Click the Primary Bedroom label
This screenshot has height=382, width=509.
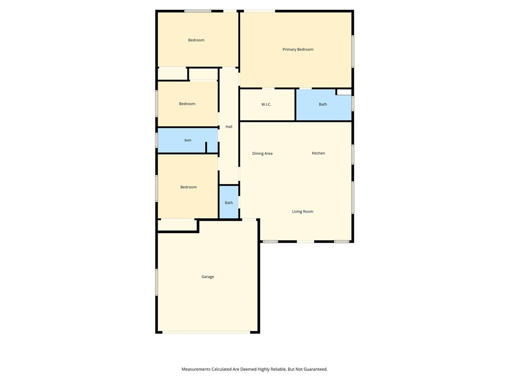click(x=298, y=49)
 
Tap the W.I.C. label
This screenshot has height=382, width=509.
click(x=266, y=104)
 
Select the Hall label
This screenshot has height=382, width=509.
click(x=229, y=127)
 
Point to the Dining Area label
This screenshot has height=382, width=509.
click(x=262, y=153)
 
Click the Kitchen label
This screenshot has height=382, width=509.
click(x=318, y=153)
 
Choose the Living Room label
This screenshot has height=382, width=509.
click(x=303, y=211)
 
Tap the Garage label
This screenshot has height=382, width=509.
click(x=208, y=277)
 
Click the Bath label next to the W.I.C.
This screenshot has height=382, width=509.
click(x=323, y=104)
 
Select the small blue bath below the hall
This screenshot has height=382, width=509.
click(x=229, y=202)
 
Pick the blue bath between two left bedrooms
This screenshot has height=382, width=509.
click(x=187, y=140)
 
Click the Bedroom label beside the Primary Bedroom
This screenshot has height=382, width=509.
click(x=196, y=40)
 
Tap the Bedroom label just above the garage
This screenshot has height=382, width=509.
click(x=188, y=187)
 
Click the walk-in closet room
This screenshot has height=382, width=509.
click(x=267, y=104)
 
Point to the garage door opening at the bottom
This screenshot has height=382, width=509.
click(x=206, y=332)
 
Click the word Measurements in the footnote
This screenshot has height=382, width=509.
click(x=196, y=369)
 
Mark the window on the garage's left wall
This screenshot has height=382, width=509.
click(x=157, y=282)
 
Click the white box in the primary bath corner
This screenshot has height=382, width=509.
click(x=344, y=92)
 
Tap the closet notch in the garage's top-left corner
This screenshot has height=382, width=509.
click(x=177, y=225)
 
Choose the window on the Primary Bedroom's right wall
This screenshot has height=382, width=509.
click(x=353, y=51)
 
